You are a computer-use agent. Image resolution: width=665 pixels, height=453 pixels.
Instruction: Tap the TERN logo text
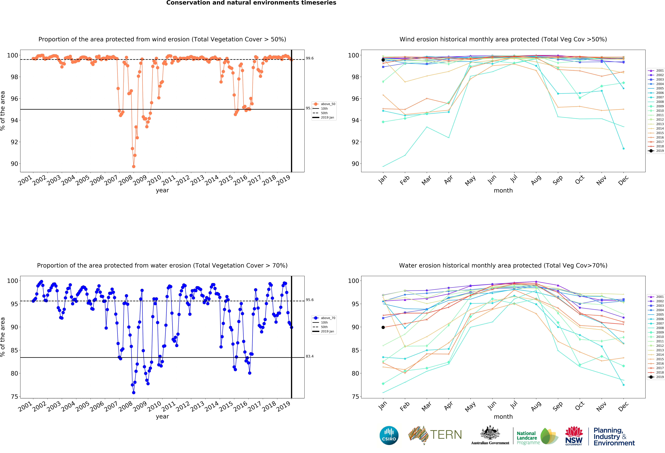446,435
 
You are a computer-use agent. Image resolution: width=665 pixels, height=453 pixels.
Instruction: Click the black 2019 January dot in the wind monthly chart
383,60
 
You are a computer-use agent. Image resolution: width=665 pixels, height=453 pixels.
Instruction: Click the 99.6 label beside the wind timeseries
310,58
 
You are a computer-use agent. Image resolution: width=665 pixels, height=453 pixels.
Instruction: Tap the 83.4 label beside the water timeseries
310,356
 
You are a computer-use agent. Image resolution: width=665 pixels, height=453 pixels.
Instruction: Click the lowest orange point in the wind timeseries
134,166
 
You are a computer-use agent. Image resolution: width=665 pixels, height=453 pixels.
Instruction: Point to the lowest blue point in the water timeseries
134,393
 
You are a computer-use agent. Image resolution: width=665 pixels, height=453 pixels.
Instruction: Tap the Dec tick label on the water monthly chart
623,406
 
